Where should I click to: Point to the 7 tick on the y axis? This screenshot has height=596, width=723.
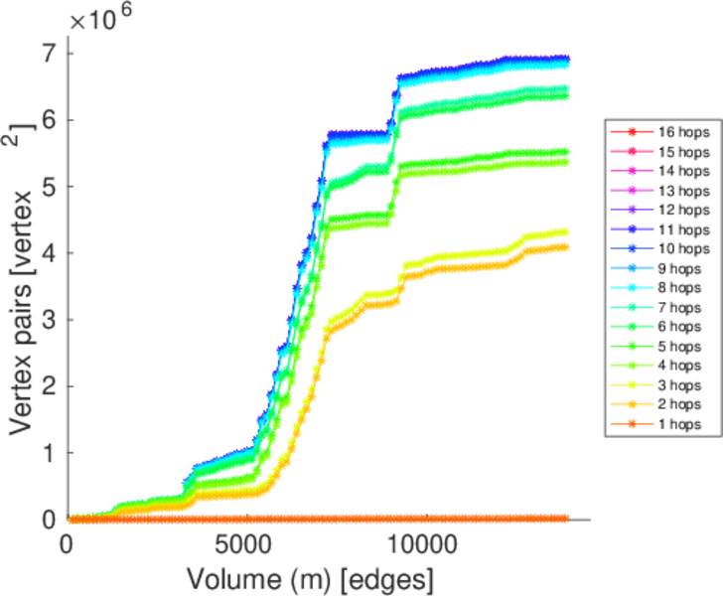point(49,53)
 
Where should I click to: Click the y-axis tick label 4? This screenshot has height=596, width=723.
point(49,253)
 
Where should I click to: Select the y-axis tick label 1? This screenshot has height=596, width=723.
point(49,453)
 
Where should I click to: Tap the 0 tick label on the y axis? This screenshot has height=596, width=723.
point(49,520)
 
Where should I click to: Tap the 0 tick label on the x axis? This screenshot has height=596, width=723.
point(68,543)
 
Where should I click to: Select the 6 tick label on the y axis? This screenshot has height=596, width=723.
point(49,119)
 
